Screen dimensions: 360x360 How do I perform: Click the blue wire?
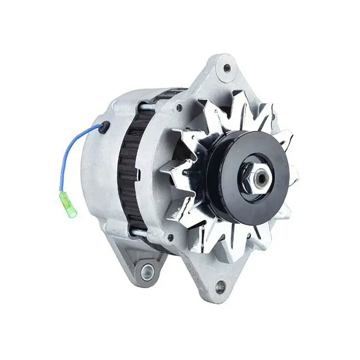tap(72, 150)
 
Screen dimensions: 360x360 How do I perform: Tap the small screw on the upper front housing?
tap(179, 109)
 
